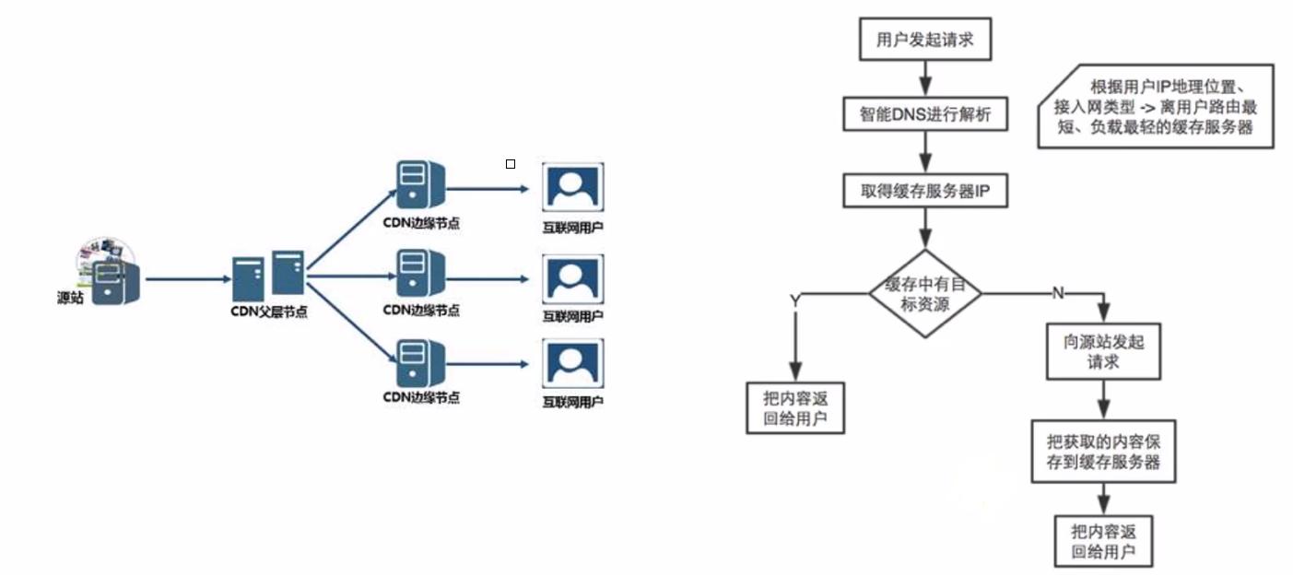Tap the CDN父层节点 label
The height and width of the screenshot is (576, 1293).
click(268, 312)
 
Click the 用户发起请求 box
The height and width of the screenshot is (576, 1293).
click(924, 41)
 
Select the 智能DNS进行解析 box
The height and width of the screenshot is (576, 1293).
click(924, 115)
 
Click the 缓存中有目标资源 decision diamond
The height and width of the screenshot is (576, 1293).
click(924, 293)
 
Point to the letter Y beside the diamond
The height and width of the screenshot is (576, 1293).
click(794, 301)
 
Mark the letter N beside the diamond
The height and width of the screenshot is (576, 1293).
click(1057, 292)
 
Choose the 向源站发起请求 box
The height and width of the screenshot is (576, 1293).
click(1103, 351)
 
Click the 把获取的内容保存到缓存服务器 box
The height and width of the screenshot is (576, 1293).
click(1103, 452)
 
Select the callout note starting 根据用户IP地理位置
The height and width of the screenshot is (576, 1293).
click(1158, 107)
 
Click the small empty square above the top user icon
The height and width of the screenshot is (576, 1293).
click(511, 164)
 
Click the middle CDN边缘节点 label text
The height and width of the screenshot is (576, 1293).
click(421, 310)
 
